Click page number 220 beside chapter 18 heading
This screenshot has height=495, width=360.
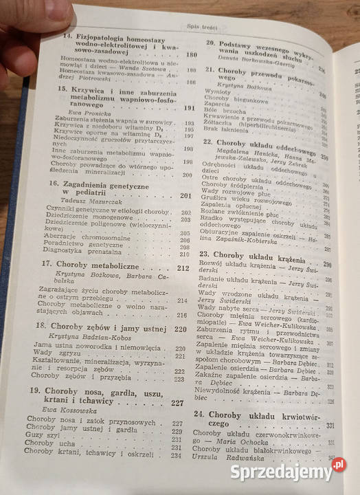click(181, 330)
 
